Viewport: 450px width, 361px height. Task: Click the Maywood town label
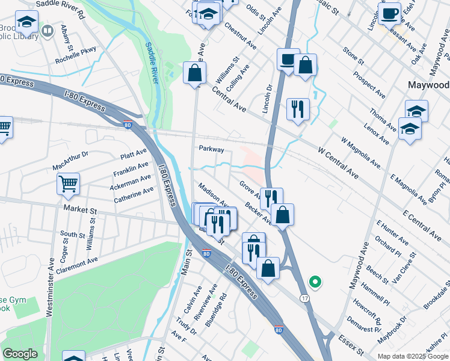428,84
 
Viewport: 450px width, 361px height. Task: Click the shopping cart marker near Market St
68,183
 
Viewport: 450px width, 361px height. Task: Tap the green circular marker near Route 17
314,281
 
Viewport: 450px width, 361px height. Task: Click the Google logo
20,354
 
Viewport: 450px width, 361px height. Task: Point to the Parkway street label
211,149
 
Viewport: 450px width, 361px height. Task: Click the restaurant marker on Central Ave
298,110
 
